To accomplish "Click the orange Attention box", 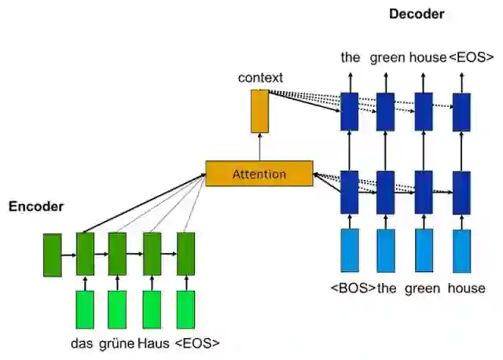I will tap(259, 174).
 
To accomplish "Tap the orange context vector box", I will tap(259, 111).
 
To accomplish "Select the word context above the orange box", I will tap(260, 79).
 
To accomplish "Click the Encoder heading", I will tap(36, 207).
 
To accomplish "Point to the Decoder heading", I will tap(417, 14).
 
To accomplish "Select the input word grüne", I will tap(116, 343).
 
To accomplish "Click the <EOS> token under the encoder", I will tap(196, 343).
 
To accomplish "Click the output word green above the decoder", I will tap(387, 57).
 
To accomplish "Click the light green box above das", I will tap(84, 309).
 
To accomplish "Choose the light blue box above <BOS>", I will tap(350, 251).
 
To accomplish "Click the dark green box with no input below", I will tap(52, 255).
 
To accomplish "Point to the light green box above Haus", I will tap(152, 309).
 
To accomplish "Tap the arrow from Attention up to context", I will tap(259, 146).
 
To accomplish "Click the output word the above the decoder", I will tap(350, 57).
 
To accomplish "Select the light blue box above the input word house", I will tap(462, 251).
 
